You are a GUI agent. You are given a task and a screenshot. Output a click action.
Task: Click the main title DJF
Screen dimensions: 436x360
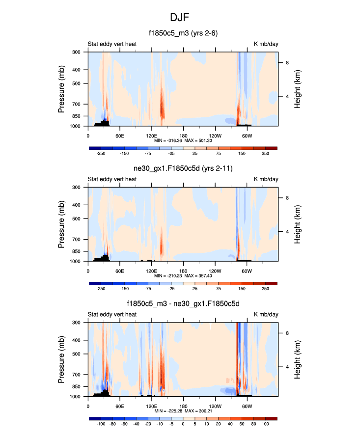click(180, 18)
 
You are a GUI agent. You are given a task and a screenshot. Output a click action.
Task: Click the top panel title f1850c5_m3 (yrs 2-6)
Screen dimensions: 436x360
click(183, 33)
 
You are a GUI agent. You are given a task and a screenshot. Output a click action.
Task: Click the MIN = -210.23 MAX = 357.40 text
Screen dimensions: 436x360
click(183, 276)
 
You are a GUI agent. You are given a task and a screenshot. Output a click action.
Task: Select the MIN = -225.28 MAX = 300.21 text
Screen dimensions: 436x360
click(183, 411)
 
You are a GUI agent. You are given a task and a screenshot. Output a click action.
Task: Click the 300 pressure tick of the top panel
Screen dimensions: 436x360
click(76, 52)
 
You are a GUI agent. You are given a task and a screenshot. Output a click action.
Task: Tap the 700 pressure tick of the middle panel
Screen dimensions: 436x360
click(76, 240)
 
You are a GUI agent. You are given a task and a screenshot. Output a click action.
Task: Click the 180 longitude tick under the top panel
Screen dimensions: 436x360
click(183, 136)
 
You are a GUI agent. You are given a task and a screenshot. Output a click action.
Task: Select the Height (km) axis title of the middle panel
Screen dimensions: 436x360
click(298, 224)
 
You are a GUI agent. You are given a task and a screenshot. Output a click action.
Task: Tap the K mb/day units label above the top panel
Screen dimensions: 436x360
click(266, 44)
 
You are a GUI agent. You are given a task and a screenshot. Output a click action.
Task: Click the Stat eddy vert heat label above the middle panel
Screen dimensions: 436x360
click(112, 179)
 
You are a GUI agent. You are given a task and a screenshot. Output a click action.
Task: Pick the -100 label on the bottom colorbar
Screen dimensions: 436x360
click(101, 424)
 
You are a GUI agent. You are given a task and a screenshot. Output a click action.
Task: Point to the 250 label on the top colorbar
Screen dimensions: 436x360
click(265, 153)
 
